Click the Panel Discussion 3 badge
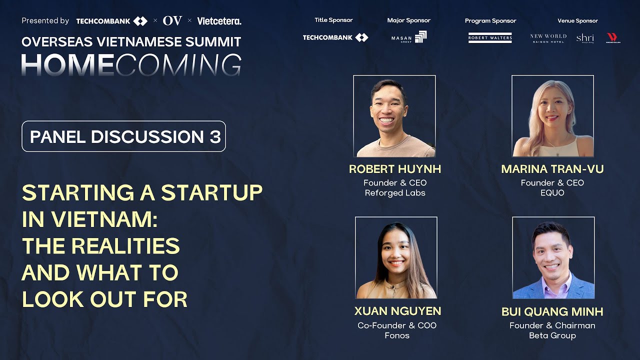pos(123,136)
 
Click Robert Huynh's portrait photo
pos(394,116)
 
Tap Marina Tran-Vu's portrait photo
pos(552,116)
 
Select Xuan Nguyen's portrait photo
pos(396,257)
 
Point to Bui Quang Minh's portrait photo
pos(553,257)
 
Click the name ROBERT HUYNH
pos(394,169)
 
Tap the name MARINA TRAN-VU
pos(552,169)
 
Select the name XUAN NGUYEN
pos(397,311)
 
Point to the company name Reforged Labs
pos(394,193)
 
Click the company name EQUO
pos(552,193)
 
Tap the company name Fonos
pos(397,335)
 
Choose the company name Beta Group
pos(552,335)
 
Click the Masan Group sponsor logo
pos(409,37)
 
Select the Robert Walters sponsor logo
pos(490,37)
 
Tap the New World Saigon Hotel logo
pos(548,38)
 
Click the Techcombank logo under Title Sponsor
pos(335,37)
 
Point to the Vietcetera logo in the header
pos(219,21)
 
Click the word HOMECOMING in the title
pos(131,64)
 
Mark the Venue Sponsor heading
pos(577,20)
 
